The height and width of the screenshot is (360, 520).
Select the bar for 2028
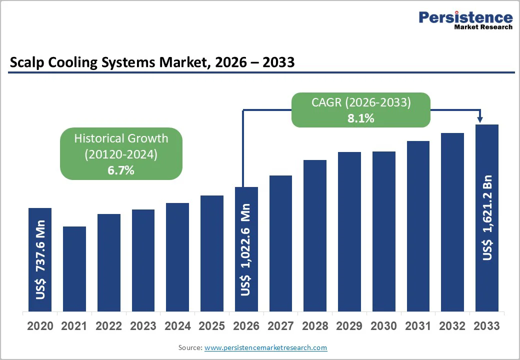[x=315, y=235]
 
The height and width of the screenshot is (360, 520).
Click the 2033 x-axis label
[x=486, y=326]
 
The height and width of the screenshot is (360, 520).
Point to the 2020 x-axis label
[x=40, y=326]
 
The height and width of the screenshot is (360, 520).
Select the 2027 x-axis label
[x=280, y=326]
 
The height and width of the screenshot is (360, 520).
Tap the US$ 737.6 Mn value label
[x=40, y=259]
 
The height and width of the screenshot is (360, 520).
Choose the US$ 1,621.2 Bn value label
[x=487, y=217]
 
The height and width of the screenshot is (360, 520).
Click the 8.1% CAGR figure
[x=361, y=118]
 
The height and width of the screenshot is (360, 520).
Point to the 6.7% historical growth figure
[x=121, y=170]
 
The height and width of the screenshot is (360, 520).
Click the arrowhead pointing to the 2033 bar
[x=480, y=119]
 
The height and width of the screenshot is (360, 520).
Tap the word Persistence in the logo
[x=465, y=17]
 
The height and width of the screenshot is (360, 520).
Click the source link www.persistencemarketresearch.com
[x=265, y=347]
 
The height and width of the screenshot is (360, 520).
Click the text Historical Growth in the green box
[x=121, y=138]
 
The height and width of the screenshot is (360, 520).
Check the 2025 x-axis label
[x=211, y=326]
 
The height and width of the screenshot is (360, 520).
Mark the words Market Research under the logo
[x=483, y=27]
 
